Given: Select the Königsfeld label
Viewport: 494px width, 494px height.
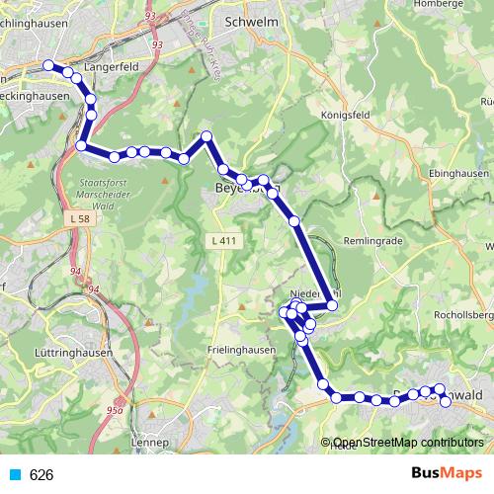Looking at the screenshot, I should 345,115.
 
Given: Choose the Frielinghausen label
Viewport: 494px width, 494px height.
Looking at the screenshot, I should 240,350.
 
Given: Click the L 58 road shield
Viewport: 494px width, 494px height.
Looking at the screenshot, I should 82,216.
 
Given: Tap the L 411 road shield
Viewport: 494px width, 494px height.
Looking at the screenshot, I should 224,240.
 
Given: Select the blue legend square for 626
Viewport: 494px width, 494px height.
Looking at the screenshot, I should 14,475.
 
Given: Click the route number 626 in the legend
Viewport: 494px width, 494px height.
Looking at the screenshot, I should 41,475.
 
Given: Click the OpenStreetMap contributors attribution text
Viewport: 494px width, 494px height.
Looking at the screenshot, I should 407,443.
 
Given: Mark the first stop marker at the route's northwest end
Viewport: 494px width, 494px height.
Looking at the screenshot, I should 48,65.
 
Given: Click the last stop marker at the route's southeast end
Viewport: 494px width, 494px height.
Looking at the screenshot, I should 446,400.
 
